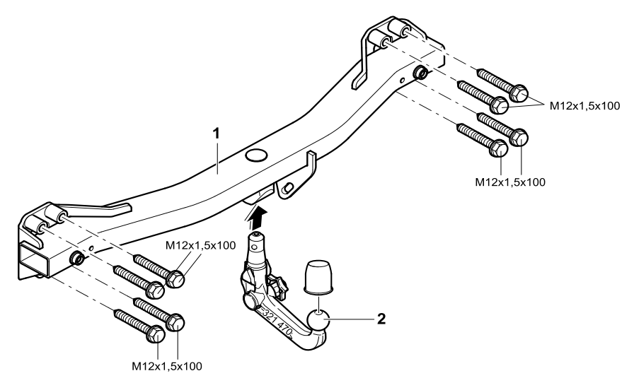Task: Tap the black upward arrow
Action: click(258, 213)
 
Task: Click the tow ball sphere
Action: click(320, 325)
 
